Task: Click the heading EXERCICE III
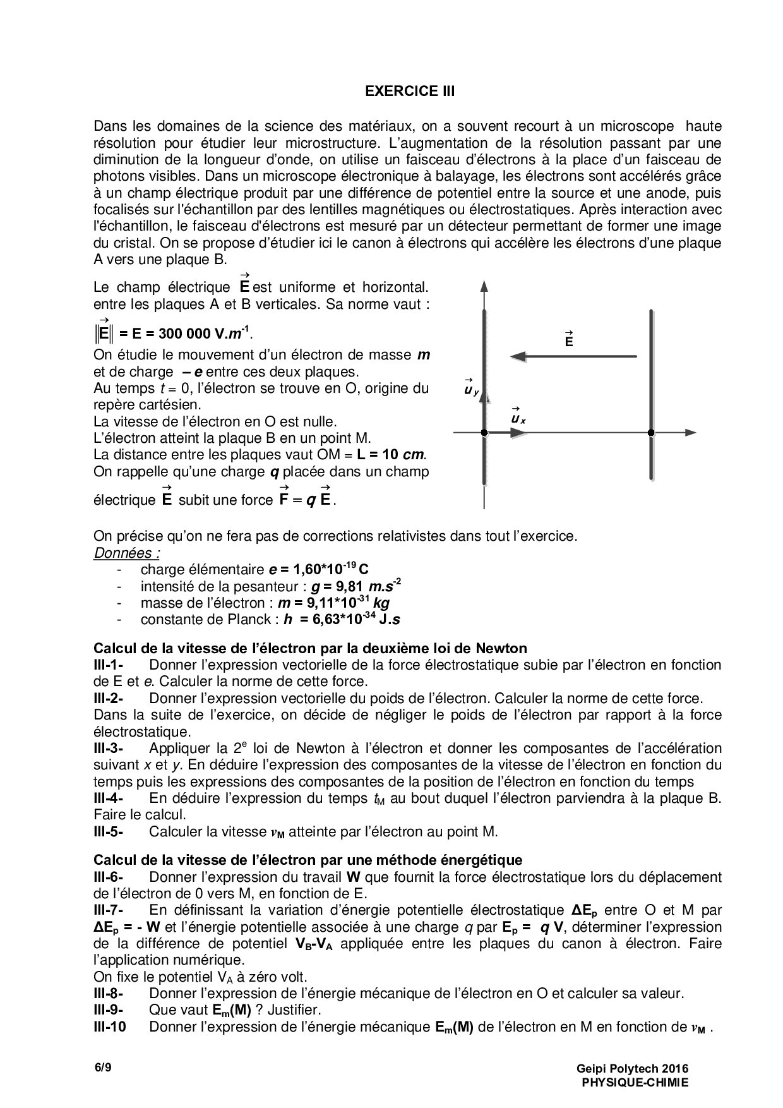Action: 410,92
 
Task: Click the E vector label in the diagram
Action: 569,339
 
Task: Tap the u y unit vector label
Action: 471,390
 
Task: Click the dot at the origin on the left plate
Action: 484,433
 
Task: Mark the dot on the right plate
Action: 650,433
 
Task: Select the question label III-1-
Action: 108,665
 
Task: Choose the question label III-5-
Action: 108,832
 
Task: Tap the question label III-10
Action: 109,1027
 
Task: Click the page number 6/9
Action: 103,1068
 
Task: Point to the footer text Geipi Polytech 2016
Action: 631,1069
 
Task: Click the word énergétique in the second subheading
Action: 485,860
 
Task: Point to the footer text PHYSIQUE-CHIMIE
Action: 635,1082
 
